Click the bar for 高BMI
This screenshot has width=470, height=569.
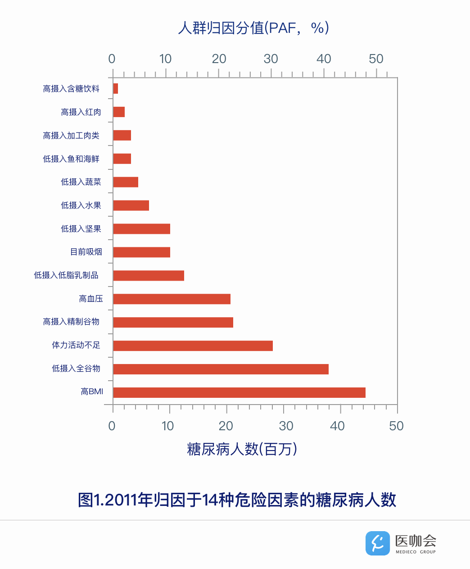pos(239,392)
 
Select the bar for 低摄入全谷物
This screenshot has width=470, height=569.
pos(221,369)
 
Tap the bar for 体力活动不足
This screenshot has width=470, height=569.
pos(193,346)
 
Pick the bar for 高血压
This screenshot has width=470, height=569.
pos(172,299)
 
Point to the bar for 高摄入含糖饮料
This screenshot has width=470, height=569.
pos(116,89)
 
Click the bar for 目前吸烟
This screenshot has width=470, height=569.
pos(141,252)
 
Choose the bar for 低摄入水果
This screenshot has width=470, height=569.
pos(131,205)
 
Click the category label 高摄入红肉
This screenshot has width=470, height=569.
pos(81,112)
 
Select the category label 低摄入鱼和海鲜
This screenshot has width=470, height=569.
pos(71,159)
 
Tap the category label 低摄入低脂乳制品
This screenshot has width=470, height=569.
pos(66,275)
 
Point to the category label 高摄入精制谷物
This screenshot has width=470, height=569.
pos(71,322)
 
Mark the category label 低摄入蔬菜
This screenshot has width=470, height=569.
pos(81,182)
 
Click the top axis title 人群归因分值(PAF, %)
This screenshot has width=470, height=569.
pos(253,28)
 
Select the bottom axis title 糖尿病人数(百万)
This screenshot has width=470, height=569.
pos(242,449)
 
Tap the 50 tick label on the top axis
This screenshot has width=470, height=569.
pos(376,59)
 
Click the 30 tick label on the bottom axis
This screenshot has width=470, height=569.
pos(286,426)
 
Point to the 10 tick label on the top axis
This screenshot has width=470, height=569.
pos(165,59)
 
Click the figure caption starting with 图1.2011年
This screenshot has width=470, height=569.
pos(237,500)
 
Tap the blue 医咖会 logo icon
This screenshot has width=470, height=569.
pos(377,543)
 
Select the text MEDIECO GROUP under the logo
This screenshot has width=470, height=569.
pos(416,552)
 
